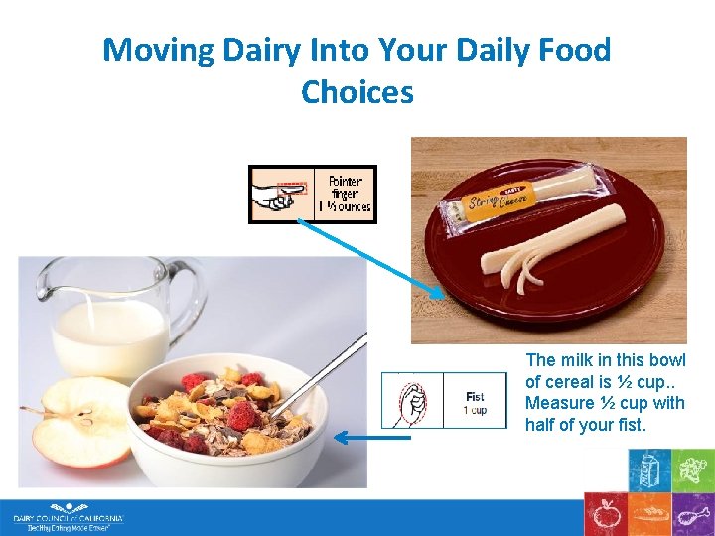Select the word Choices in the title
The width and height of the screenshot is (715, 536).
tap(357, 92)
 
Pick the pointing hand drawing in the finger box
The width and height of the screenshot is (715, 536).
tap(280, 195)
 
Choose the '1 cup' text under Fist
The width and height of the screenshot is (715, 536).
tap(476, 410)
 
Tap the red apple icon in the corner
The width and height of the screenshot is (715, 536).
tap(604, 514)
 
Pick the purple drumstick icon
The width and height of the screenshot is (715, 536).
tap(692, 514)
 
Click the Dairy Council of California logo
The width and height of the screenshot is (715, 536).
tap(68, 517)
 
